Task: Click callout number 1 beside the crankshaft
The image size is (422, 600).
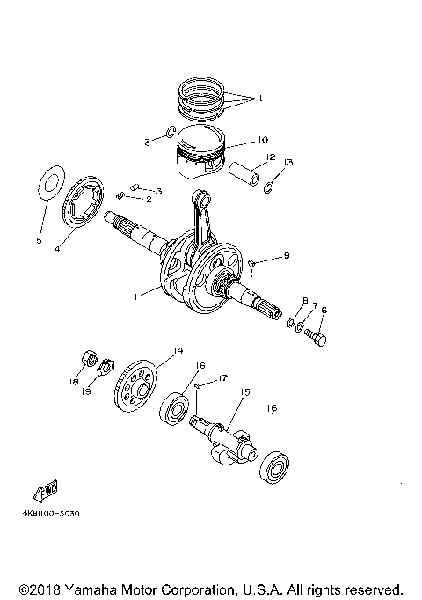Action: pos(135,297)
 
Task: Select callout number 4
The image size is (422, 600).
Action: pos(56,249)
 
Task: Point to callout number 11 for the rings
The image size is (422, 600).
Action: pos(261,100)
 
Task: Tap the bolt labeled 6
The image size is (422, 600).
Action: pos(319,335)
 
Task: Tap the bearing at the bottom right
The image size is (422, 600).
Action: pos(274,465)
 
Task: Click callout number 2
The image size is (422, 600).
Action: pos(149,200)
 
